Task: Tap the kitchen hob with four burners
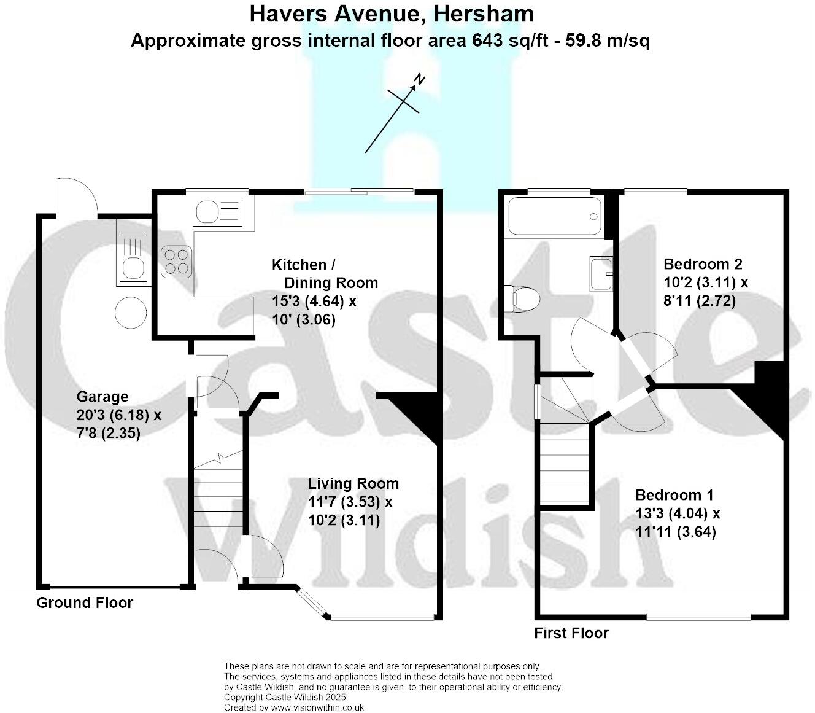click(176, 262)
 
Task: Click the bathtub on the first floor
click(555, 216)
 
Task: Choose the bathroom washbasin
click(601, 273)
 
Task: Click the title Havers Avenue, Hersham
click(391, 14)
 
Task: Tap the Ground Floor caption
click(85, 602)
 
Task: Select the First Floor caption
click(571, 633)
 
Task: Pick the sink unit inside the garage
click(132, 260)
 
